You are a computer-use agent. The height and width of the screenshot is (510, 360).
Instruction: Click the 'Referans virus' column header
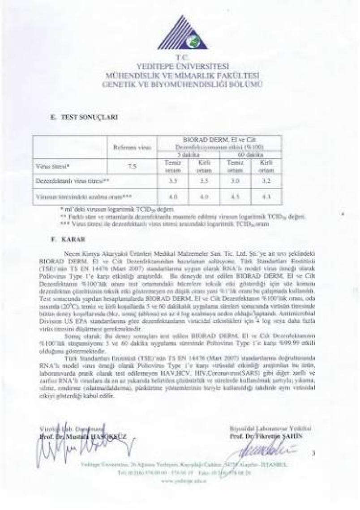[132, 147]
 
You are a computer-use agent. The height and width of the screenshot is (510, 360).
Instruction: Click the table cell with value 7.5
[132, 166]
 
